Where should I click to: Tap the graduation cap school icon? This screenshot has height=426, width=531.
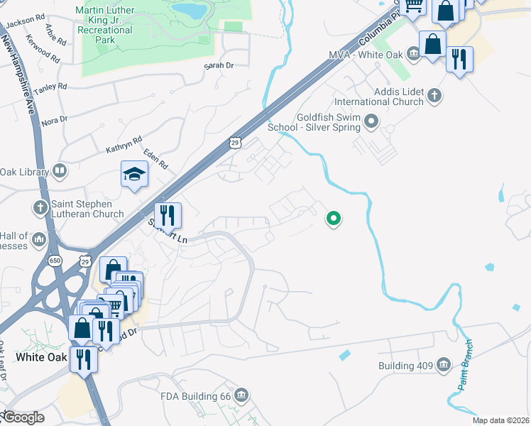pyautogui.click(x=133, y=175)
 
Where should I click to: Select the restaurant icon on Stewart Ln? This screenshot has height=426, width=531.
pyautogui.click(x=168, y=214)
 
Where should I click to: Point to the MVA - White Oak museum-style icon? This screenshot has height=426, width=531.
pyautogui.click(x=413, y=55)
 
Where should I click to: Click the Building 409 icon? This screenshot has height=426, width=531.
pyautogui.click(x=444, y=366)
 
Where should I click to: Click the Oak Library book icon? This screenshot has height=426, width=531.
pyautogui.click(x=60, y=171)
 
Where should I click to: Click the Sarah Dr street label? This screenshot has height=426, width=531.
pyautogui.click(x=218, y=65)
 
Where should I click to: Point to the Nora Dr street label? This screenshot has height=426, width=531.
pyautogui.click(x=54, y=121)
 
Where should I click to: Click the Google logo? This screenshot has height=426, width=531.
pyautogui.click(x=23, y=417)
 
